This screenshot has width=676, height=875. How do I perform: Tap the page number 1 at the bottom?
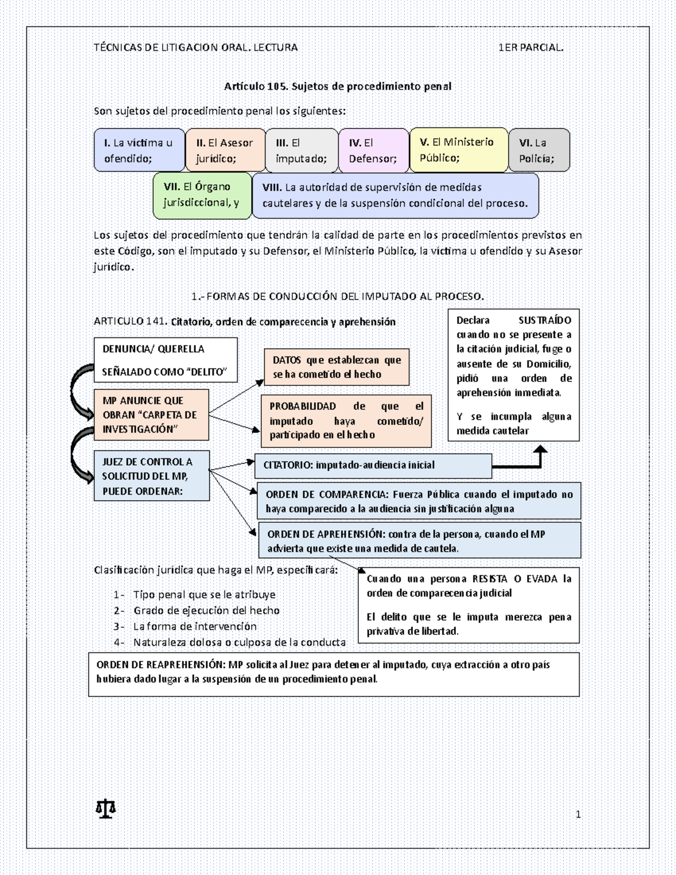pos(578,815)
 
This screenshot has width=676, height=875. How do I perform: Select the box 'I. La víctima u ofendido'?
pos(139,150)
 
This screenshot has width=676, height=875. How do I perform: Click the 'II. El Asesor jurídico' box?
pos(225,150)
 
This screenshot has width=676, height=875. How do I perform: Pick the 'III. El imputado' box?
pos(301,150)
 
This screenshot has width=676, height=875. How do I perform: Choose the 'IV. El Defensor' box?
pos(373,150)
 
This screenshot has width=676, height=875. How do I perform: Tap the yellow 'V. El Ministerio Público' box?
pos(459,150)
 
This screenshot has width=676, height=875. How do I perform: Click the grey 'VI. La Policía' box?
pos(539,150)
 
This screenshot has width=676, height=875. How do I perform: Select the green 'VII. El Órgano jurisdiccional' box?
pos(202,196)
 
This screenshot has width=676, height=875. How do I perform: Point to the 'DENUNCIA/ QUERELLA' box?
pos(166,360)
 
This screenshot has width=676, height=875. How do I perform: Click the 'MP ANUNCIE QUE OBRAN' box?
pos(152,415)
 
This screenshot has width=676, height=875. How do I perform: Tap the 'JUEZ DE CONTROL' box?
pos(152,476)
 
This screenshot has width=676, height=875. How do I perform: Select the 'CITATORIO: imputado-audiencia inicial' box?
pos(373,466)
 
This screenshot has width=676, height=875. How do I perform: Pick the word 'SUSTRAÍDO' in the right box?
pos(545,320)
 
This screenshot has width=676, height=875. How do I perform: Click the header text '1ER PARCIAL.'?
pos(531,47)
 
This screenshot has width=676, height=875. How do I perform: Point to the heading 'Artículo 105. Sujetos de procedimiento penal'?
pos(338,86)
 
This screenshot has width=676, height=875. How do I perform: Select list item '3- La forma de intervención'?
pos(185,626)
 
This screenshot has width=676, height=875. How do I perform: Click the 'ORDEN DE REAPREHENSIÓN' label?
pos(159,664)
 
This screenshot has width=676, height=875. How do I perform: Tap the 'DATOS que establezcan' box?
pos(336,367)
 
